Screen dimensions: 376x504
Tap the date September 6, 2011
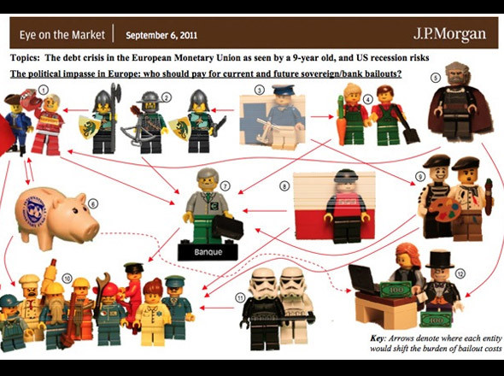click(x=161, y=36)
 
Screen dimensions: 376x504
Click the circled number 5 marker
click(x=434, y=77)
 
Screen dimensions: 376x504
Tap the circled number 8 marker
click(x=284, y=185)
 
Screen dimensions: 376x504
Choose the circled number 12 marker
click(x=460, y=273)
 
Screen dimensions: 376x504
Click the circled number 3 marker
click(x=259, y=89)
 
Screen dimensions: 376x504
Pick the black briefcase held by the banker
click(x=226, y=228)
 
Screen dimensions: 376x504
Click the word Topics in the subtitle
click(x=28, y=57)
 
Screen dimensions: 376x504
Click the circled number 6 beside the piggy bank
click(x=93, y=203)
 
